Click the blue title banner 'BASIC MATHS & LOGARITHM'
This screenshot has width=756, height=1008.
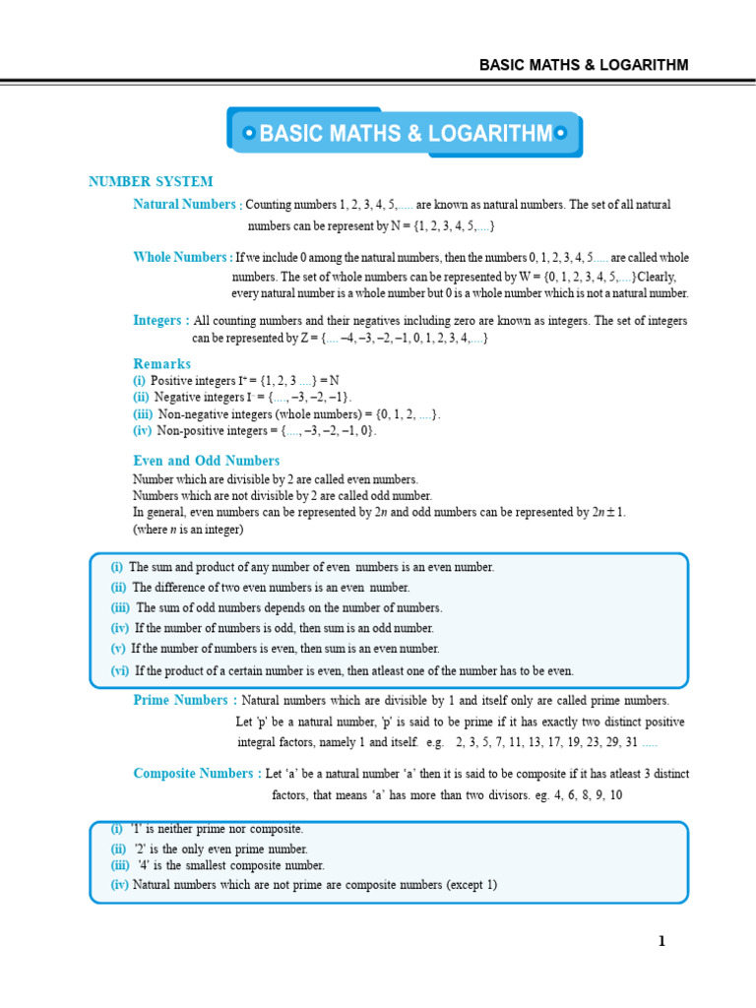click(x=404, y=133)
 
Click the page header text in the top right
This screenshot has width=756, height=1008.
click(x=584, y=65)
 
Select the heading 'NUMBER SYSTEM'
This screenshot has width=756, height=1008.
click(x=151, y=182)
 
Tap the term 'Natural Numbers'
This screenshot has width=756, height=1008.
click(x=185, y=204)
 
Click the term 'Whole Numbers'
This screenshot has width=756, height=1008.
click(x=181, y=257)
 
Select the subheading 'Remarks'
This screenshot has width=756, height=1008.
click(x=161, y=363)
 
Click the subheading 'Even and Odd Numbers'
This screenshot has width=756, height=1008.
click(x=206, y=461)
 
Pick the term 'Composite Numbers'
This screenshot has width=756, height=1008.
click(x=196, y=774)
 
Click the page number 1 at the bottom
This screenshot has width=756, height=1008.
click(x=662, y=941)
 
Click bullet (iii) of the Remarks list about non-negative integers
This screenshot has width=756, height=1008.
click(x=143, y=414)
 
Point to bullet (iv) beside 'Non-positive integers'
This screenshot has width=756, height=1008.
click(x=143, y=430)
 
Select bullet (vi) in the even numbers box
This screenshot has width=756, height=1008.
click(x=120, y=670)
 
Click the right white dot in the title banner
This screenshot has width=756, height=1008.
click(x=561, y=133)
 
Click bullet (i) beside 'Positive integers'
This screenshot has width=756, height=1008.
click(x=139, y=380)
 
